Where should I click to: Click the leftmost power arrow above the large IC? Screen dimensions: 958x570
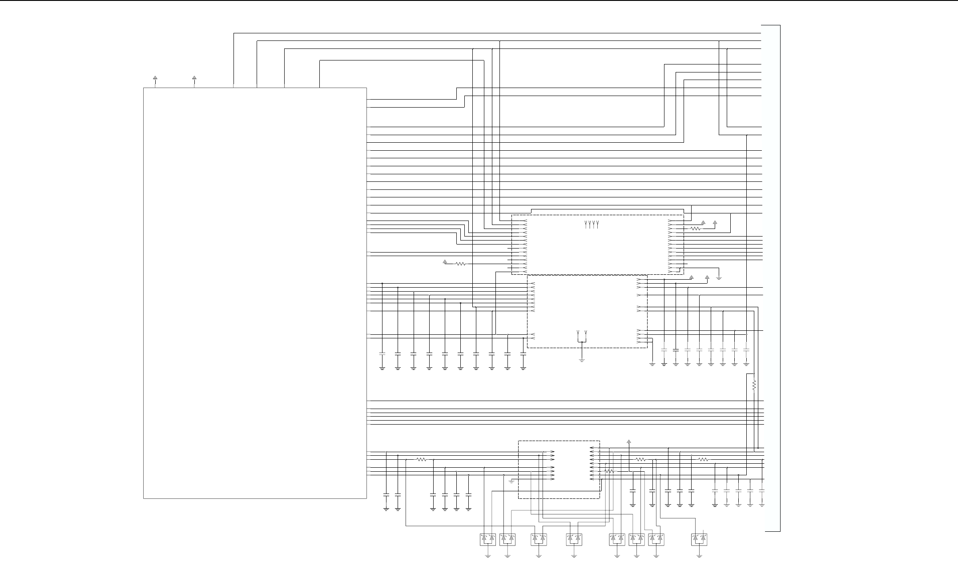click(x=155, y=78)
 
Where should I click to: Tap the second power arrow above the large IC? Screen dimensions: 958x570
click(x=194, y=78)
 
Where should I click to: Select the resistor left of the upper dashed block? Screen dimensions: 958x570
click(x=460, y=264)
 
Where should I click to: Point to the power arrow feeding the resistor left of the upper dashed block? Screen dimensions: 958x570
click(x=444, y=262)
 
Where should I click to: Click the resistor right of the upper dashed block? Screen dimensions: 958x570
click(x=695, y=229)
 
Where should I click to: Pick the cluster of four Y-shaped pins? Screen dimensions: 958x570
click(x=592, y=224)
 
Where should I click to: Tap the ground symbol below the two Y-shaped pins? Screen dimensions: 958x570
click(x=582, y=359)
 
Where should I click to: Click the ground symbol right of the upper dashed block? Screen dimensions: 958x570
click(x=719, y=278)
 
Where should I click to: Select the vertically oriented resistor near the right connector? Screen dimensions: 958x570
click(x=754, y=385)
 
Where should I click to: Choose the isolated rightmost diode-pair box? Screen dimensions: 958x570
click(x=699, y=539)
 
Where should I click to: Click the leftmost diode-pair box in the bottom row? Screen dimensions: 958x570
click(x=488, y=539)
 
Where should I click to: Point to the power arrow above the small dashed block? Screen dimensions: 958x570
click(x=628, y=442)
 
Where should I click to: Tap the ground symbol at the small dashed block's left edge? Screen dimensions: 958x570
click(x=511, y=481)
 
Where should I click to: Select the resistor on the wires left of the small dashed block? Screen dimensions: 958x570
click(x=421, y=460)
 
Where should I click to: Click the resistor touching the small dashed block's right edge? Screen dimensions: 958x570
click(x=609, y=471)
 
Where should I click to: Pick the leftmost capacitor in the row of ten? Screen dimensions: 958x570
click(x=382, y=354)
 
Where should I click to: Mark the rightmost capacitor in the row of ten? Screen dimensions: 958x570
click(x=523, y=354)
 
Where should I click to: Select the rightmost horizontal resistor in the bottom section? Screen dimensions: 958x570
click(x=703, y=460)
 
